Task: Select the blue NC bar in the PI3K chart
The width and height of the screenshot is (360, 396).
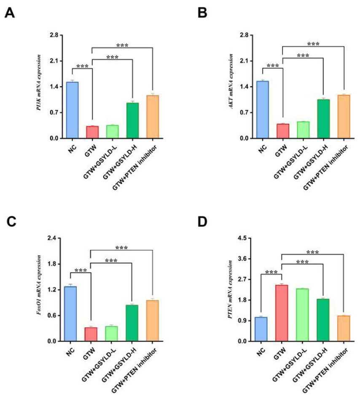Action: click(72, 110)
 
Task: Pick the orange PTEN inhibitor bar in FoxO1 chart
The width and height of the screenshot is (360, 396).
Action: click(152, 321)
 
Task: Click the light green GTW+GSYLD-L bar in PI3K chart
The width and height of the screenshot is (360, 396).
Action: click(112, 132)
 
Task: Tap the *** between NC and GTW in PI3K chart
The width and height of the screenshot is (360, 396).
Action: click(82, 66)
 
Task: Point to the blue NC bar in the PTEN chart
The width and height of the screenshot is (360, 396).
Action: click(261, 329)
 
